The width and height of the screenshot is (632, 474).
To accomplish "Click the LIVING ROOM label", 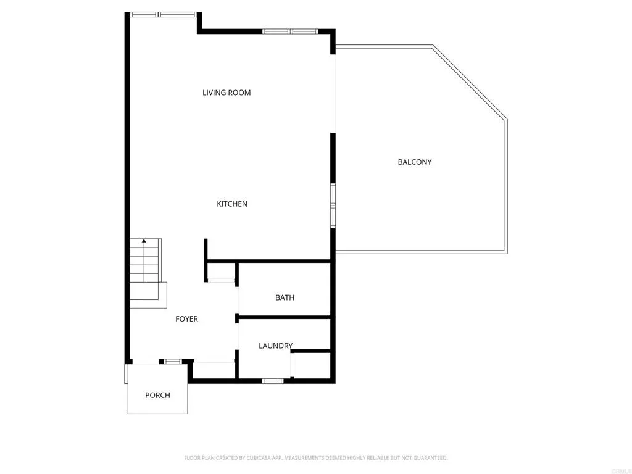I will (227, 93).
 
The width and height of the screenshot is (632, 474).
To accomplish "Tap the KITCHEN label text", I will (232, 204).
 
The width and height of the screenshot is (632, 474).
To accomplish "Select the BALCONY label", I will (414, 162).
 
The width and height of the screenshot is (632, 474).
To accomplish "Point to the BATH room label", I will (285, 297).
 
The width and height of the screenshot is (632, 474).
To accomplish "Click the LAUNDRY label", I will (275, 346).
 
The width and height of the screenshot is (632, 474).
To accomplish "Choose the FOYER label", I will (186, 319).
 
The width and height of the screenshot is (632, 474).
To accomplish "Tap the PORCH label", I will (157, 395).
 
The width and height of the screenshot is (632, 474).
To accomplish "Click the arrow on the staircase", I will (144, 241).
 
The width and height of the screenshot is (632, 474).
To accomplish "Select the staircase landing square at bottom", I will (154, 295).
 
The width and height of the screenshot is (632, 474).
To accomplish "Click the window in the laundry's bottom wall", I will (272, 381).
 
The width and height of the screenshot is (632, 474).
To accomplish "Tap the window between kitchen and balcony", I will (333, 205).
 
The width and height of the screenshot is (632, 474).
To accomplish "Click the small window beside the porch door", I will (172, 361).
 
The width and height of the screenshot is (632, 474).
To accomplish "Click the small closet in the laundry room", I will (312, 365).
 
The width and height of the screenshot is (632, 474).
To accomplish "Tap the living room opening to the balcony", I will (334, 93).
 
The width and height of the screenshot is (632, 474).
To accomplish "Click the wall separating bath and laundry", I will (285, 318).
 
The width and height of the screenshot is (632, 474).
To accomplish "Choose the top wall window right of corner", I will (290, 31).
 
